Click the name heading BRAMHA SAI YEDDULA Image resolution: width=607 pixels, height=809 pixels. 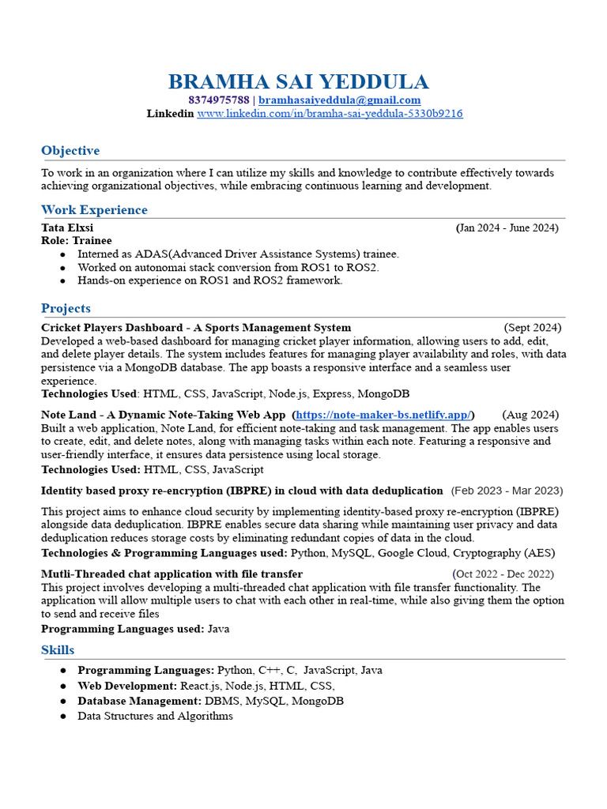click(299, 81)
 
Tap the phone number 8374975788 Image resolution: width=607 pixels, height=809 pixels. click(219, 100)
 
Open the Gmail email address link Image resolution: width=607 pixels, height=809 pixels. click(339, 100)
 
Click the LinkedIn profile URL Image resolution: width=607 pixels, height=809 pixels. click(330, 114)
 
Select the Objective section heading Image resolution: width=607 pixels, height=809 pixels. click(70, 150)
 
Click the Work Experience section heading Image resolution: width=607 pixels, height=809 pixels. click(94, 209)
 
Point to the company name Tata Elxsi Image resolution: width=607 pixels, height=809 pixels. click(67, 228)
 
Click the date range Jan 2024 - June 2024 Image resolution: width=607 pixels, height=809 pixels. click(507, 228)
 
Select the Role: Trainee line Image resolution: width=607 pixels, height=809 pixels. click(77, 240)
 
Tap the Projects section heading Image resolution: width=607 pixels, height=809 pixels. click(66, 308)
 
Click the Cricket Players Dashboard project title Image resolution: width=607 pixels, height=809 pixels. click(196, 327)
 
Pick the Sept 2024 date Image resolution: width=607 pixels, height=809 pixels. click(533, 327)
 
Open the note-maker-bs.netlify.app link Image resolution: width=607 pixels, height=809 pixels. click(383, 415)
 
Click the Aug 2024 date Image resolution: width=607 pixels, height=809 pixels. click(530, 415)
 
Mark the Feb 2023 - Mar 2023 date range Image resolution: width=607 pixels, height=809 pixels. click(507, 491)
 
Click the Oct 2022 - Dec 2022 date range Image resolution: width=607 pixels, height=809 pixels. click(503, 574)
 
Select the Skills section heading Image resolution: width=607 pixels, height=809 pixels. click(58, 649)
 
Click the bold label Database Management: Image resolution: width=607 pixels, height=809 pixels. click(140, 701)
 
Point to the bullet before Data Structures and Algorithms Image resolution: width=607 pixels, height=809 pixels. click(63, 716)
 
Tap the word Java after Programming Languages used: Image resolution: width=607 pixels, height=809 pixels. click(218, 629)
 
